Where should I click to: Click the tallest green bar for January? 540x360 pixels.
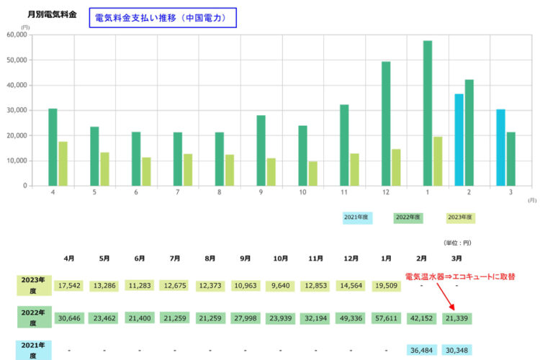428,114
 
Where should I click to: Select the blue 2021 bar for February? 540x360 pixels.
459,140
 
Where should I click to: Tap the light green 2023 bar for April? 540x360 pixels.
63,163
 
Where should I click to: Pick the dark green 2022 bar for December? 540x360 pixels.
386,124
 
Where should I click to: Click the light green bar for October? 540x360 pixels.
313,174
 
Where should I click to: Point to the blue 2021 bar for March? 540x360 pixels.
500,148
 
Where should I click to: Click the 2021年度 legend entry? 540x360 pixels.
357,216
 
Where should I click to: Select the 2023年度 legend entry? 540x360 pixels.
460,216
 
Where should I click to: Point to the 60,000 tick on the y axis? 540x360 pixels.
15,35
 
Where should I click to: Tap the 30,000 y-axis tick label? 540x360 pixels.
15,110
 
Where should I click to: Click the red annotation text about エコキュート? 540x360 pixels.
460,276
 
